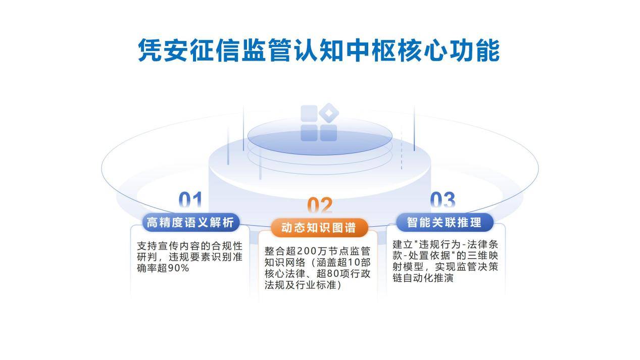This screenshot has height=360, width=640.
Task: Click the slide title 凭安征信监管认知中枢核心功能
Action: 319,50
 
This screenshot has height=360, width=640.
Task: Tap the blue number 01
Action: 190,200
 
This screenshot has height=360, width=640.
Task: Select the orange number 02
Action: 320,205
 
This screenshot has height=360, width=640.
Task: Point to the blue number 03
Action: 442,200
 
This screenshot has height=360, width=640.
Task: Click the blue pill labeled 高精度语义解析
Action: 190,222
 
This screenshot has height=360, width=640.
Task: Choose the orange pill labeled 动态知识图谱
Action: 319,228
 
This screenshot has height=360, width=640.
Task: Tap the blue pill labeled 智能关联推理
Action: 445,222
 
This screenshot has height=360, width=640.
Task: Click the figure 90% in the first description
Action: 178,268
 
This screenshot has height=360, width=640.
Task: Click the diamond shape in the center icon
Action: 329,113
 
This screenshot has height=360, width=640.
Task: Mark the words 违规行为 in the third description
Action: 439,244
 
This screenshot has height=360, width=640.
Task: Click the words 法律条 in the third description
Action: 482,244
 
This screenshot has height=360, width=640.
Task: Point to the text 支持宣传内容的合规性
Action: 190,246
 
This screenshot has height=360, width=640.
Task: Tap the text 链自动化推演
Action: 423,278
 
